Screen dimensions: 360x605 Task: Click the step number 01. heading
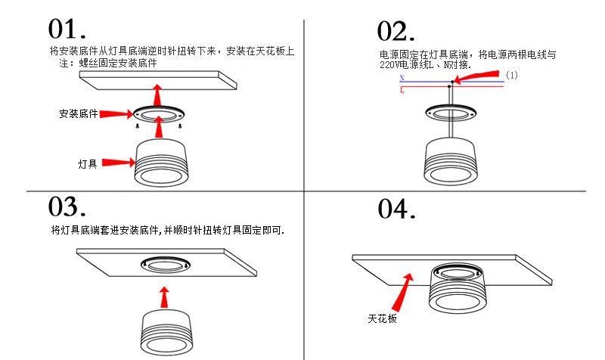[x=67, y=29]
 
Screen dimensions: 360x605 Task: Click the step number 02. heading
[x=396, y=32]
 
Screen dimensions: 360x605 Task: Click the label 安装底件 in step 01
[x=79, y=113]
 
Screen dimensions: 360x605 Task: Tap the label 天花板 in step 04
[x=383, y=320]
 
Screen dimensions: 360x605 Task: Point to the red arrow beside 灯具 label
[x=117, y=162]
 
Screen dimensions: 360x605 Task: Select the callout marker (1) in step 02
[x=512, y=76]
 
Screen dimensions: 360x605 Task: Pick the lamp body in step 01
[x=158, y=163]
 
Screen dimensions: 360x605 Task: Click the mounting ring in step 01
[x=158, y=116]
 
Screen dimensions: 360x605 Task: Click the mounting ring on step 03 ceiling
[x=163, y=264]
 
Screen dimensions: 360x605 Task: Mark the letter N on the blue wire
[x=402, y=79]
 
